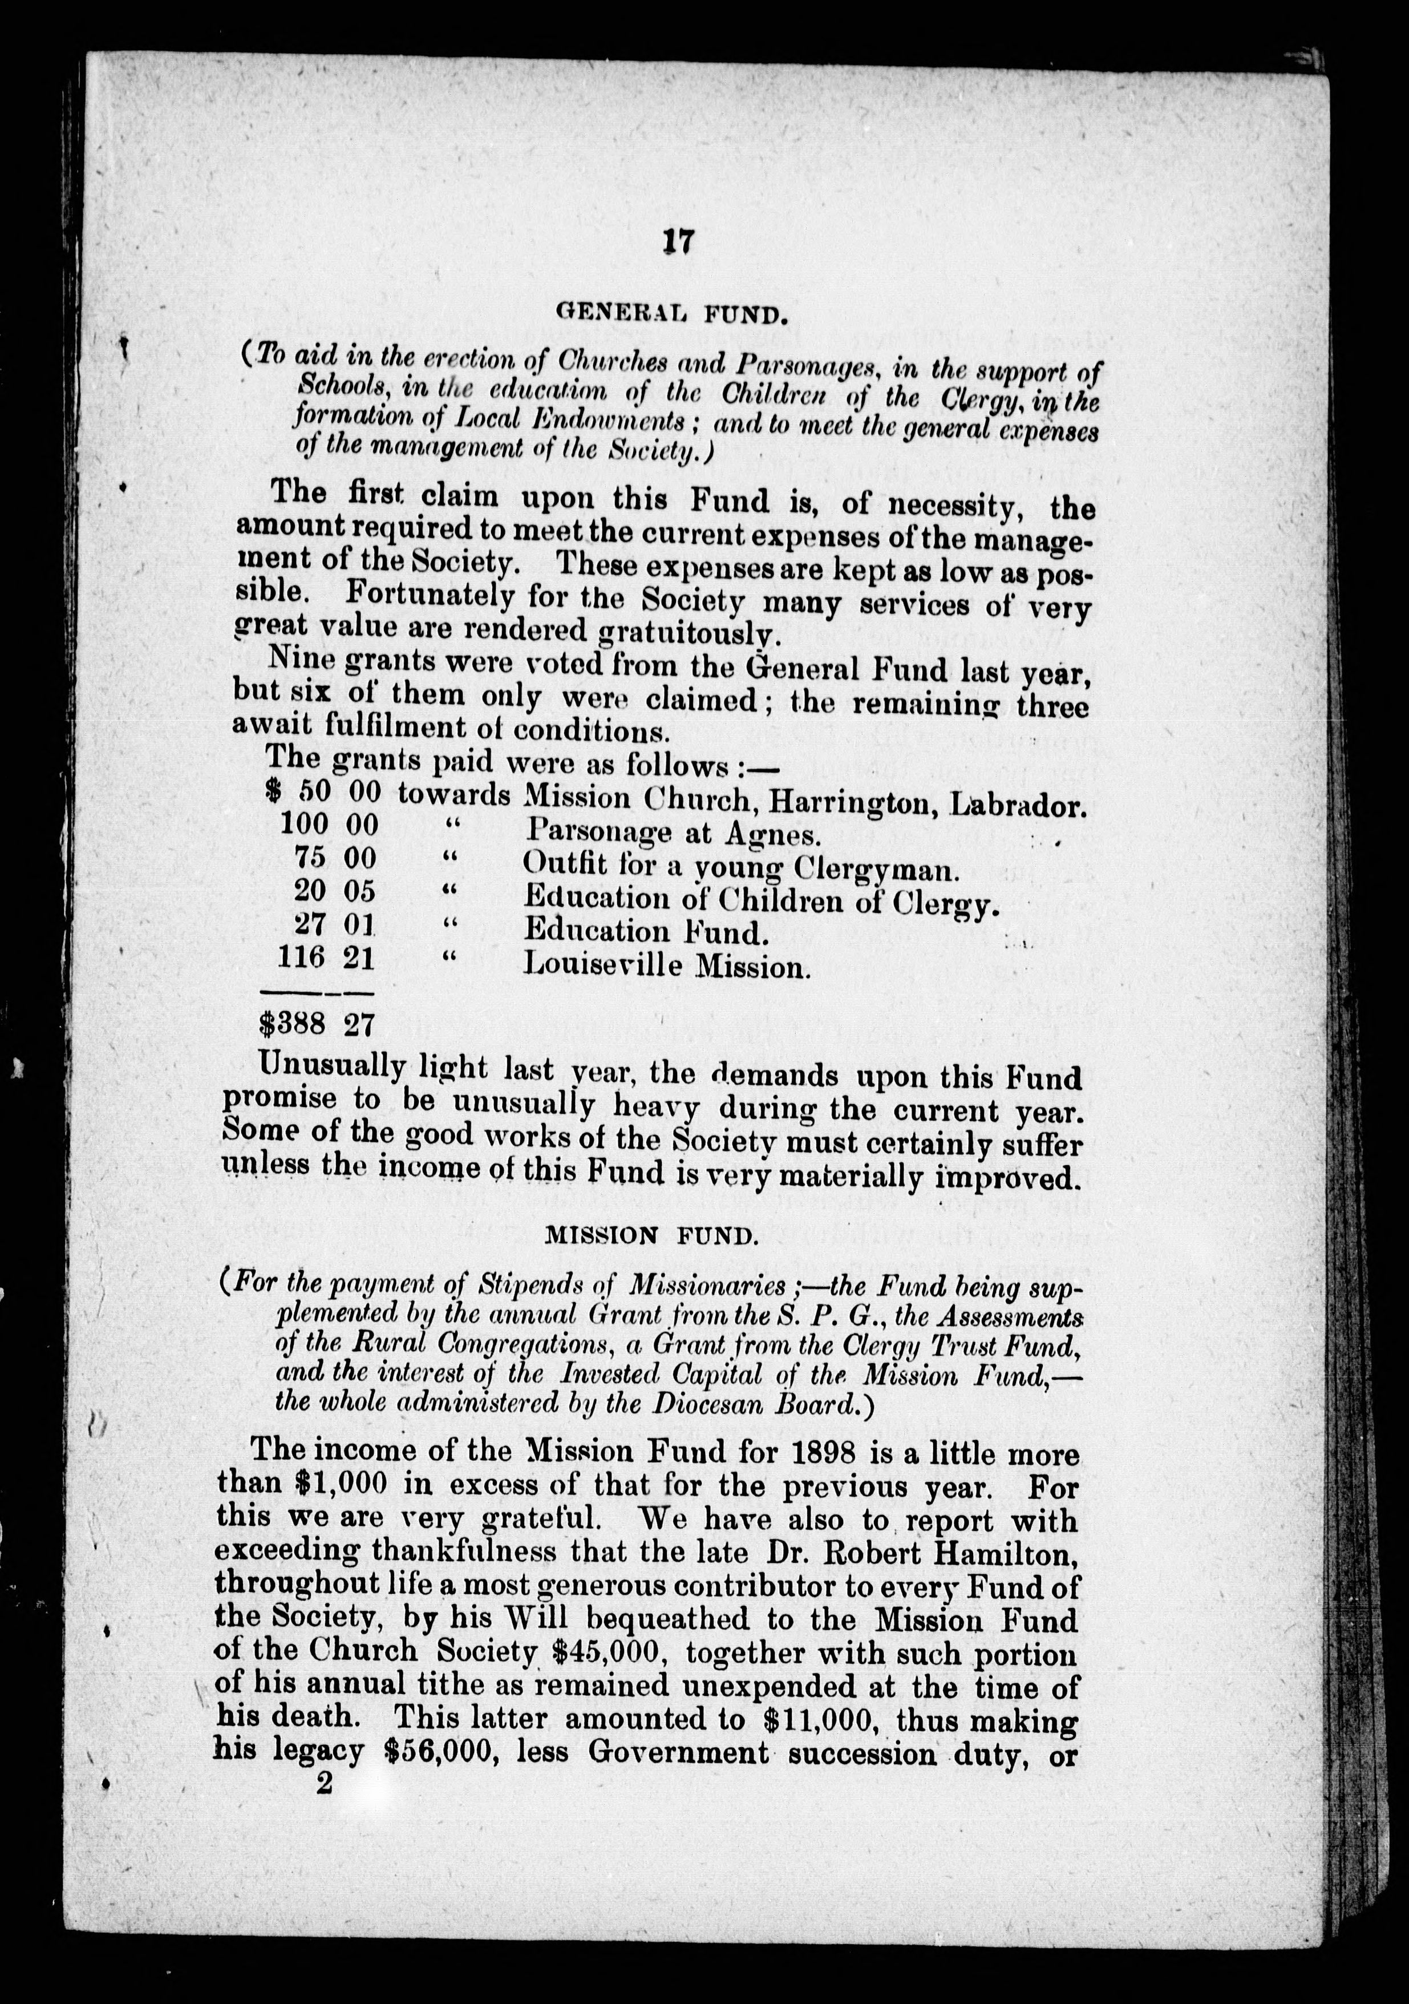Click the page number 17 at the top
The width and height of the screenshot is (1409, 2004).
(x=677, y=242)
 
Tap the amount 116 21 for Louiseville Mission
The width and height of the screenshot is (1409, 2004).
(x=325, y=959)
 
